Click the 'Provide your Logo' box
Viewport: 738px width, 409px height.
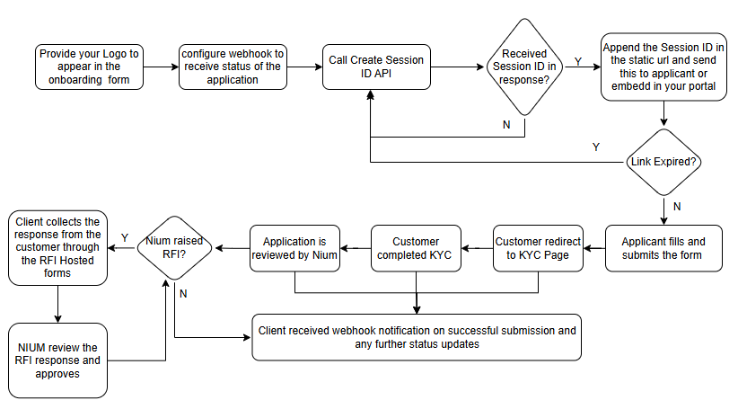click(89, 66)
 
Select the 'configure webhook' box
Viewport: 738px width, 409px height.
click(232, 66)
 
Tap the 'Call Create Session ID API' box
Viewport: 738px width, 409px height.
click(375, 66)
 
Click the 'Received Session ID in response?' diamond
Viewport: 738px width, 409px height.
click(525, 66)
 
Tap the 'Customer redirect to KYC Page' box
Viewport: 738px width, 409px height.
click(538, 248)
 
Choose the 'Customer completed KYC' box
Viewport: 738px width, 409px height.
click(415, 248)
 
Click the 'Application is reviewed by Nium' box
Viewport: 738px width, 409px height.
click(294, 248)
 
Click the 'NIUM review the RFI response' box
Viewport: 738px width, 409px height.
click(57, 360)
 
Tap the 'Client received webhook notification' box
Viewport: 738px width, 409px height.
click(417, 337)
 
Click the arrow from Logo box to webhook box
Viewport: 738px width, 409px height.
click(160, 66)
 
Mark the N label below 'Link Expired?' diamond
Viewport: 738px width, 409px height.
click(677, 205)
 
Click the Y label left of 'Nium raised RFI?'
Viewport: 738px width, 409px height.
click(124, 237)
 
